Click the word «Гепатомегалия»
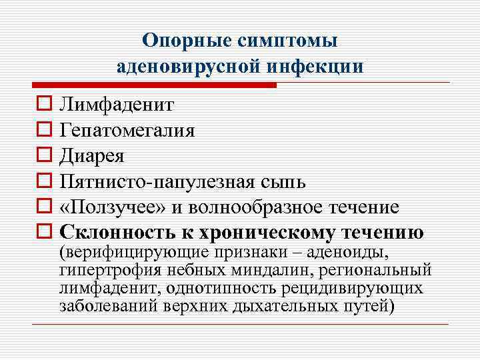[x=127, y=130]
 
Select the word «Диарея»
[x=91, y=156]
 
